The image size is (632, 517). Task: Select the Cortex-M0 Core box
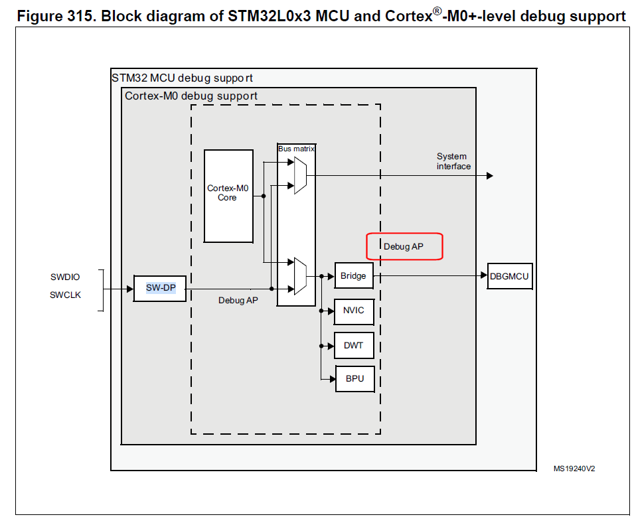(x=228, y=195)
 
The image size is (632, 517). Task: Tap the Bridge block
(x=353, y=275)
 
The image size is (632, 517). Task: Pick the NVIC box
(x=354, y=310)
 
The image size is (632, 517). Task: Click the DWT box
(x=354, y=345)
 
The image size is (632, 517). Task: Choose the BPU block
(x=354, y=380)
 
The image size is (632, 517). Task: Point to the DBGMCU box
(x=510, y=275)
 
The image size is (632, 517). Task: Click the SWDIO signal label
(x=65, y=277)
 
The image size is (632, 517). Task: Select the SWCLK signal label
(x=65, y=295)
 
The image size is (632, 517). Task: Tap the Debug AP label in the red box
(x=404, y=246)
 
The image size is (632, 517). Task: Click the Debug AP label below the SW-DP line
(x=238, y=301)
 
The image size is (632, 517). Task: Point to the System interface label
(x=453, y=161)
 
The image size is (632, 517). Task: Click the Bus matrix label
(x=296, y=149)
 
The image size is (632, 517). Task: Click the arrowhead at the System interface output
(x=490, y=176)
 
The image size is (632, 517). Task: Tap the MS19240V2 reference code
(x=574, y=469)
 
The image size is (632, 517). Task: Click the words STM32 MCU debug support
(x=182, y=78)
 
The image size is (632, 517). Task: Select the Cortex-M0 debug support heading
(x=191, y=96)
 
